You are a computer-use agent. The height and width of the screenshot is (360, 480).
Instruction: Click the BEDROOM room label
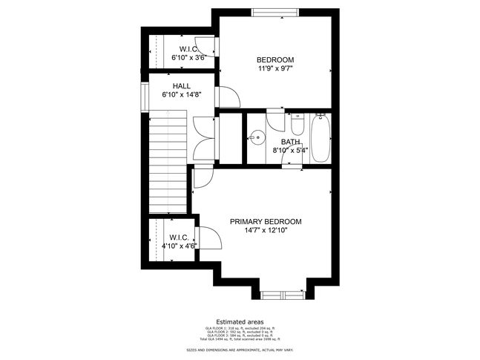point(275,60)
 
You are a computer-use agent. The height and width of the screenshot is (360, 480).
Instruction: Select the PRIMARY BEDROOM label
point(266,222)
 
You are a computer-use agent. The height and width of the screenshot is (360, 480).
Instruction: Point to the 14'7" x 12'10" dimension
point(266,231)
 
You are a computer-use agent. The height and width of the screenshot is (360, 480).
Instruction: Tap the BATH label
point(290,141)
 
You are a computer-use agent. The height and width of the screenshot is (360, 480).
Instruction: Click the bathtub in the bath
point(320,138)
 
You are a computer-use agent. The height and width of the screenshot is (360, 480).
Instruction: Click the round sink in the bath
point(257,137)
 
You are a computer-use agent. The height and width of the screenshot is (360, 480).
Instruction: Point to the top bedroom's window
point(275,12)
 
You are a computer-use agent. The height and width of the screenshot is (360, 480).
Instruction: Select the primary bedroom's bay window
point(283,295)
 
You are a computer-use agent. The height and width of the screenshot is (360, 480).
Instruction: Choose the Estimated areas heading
point(240,321)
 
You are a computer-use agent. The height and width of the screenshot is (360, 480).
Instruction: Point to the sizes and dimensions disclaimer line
point(240,348)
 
